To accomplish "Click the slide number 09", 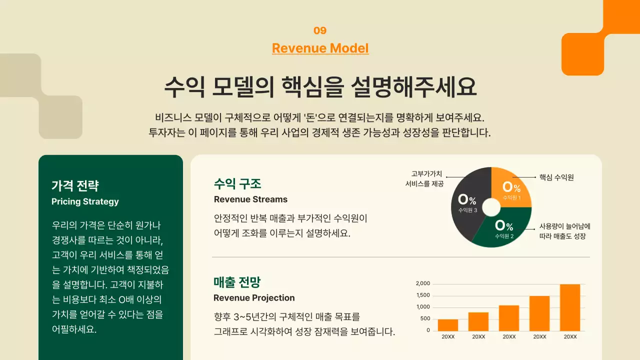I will pos(320,30).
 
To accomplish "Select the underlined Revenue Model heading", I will pos(320,48).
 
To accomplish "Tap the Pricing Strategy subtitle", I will pos(85,201).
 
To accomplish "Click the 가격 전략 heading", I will pos(75,186).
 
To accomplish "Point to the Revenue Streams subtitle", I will pos(250,199).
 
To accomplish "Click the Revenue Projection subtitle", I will pos(254,298).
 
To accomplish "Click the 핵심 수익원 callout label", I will pos(556,177).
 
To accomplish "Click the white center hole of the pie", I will pos(491,207).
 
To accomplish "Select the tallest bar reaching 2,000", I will pos(570,307).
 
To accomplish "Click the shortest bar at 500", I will pos(447,325).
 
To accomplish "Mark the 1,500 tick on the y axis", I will pos(422,295).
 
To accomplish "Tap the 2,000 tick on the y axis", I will pos(422,283).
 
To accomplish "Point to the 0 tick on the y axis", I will pos(428,330).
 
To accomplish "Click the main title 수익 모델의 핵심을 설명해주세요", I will pos(320,87).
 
